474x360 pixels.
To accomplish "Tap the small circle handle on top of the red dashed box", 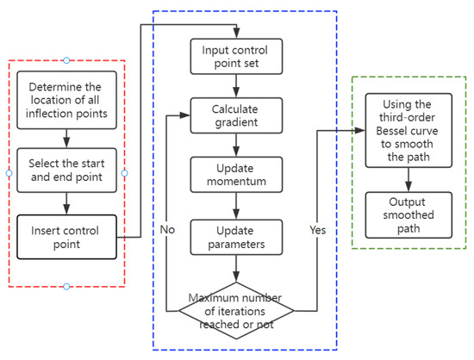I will (x=66, y=59).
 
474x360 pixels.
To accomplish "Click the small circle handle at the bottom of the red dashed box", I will (x=66, y=286).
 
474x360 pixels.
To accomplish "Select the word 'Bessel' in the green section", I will (x=409, y=130).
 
